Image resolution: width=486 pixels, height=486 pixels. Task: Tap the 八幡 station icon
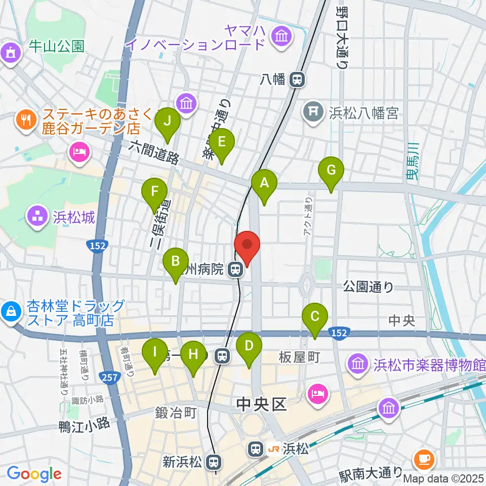click(x=297, y=79)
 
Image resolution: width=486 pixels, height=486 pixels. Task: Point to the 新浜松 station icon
click(x=215, y=462)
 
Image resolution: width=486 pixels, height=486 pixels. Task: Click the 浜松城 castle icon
click(x=37, y=218)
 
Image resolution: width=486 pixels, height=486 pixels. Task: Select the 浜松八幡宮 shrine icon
click(x=314, y=110)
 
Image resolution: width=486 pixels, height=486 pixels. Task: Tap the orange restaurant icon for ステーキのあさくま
click(x=24, y=119)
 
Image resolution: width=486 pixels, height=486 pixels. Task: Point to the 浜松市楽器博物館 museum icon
click(x=357, y=363)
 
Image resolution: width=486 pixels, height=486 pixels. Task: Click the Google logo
click(x=34, y=474)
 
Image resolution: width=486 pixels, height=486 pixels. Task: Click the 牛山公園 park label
click(x=56, y=47)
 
